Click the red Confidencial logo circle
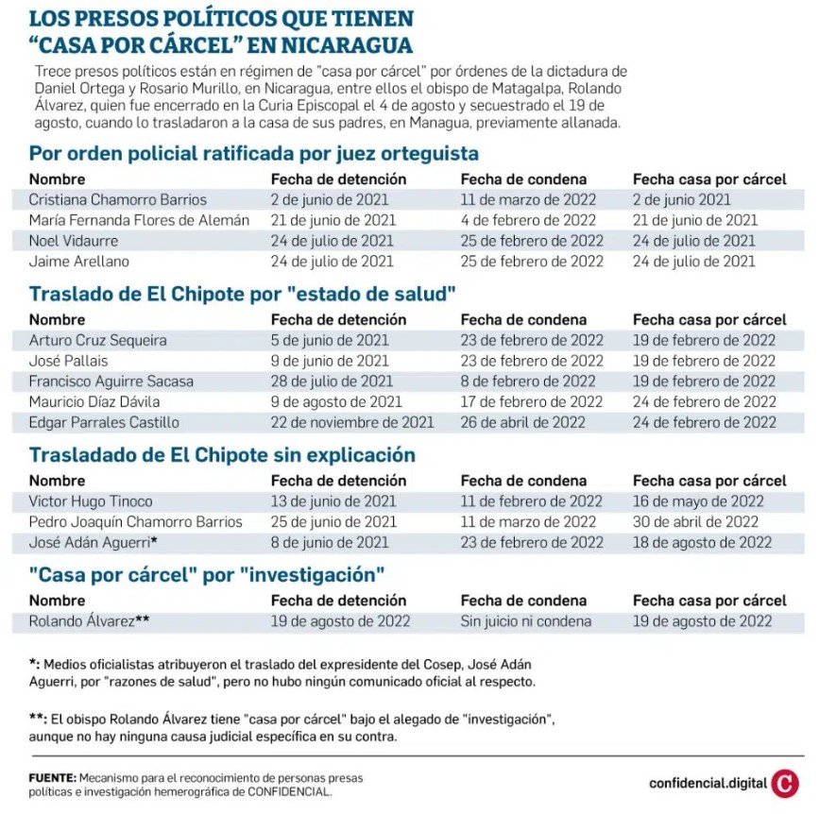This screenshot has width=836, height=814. pos(785,783)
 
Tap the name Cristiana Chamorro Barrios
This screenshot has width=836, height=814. pos(117,200)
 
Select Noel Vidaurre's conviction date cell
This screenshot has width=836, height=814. pos(532,241)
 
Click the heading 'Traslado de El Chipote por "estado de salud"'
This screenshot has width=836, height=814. pos(242,294)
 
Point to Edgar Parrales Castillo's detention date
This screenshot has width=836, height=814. pos(351,422)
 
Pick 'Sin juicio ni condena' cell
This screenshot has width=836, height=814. pos(525,621)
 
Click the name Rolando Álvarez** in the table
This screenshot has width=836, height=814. pos(89,621)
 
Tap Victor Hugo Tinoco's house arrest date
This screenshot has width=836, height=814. pos(698,501)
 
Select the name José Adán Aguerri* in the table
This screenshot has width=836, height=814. pos(93,542)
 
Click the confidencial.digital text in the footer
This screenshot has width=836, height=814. pos(708,783)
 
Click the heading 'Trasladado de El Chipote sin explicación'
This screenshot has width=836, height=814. pos(222,455)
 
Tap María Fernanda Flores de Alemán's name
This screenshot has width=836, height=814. pos(139,220)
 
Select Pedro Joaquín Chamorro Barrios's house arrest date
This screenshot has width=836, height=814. pos(695,522)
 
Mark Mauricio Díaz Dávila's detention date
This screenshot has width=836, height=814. pos(335,401)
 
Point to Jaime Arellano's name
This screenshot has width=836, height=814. pos(78,261)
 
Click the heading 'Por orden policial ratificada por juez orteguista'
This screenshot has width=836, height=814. pos(253,154)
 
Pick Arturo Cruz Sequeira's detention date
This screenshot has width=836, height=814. pos(330,340)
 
